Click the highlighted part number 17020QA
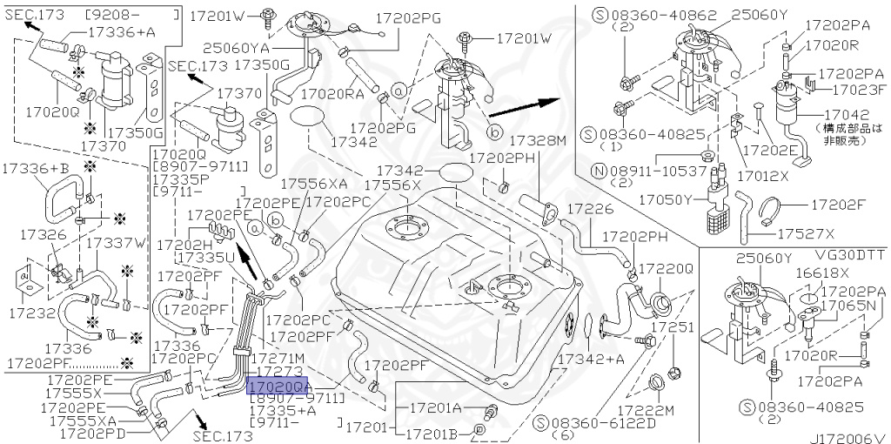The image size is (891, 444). coord(278,384)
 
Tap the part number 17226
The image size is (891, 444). coord(590,209)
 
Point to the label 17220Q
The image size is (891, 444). coord(666,269)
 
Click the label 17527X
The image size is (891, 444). coord(805,233)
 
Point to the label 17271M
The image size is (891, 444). coord(277,358)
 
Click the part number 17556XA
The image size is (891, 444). coord(312,184)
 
